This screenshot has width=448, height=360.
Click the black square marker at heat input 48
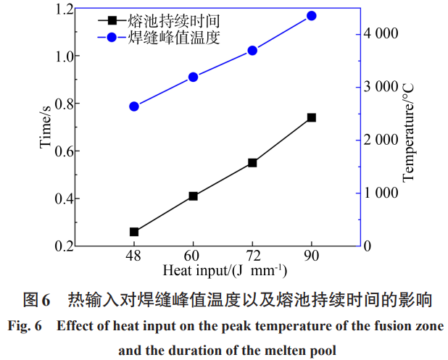[x=134, y=232]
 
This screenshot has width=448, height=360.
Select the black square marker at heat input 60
[x=193, y=196]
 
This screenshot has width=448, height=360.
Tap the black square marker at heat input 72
[x=252, y=163]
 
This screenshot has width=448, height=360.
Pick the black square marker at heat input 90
[x=312, y=117]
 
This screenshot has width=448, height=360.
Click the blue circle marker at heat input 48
[x=134, y=106]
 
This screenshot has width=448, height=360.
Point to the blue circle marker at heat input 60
[x=193, y=77]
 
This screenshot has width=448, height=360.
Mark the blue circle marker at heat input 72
[x=252, y=51]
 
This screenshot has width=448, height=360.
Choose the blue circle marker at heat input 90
[x=312, y=16]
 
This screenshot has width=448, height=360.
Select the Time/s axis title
[x=45, y=127]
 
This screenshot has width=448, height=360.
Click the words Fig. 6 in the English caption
[x=25, y=326]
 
